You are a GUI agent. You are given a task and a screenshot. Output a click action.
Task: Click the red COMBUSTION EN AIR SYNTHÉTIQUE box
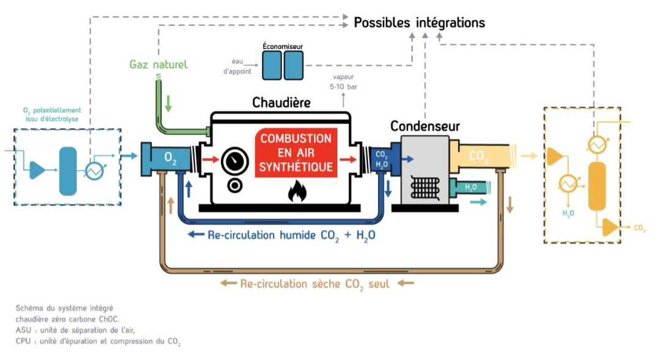296,153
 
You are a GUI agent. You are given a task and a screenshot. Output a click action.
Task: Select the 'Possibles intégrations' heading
419,23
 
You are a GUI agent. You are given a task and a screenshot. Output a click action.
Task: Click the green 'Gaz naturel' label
158,64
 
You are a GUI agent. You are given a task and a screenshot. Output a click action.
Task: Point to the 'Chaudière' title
282,102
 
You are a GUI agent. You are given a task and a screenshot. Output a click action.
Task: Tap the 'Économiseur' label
282,46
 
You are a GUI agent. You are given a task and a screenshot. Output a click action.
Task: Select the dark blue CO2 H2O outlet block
381,159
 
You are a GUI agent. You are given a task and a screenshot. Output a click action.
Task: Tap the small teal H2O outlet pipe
471,187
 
